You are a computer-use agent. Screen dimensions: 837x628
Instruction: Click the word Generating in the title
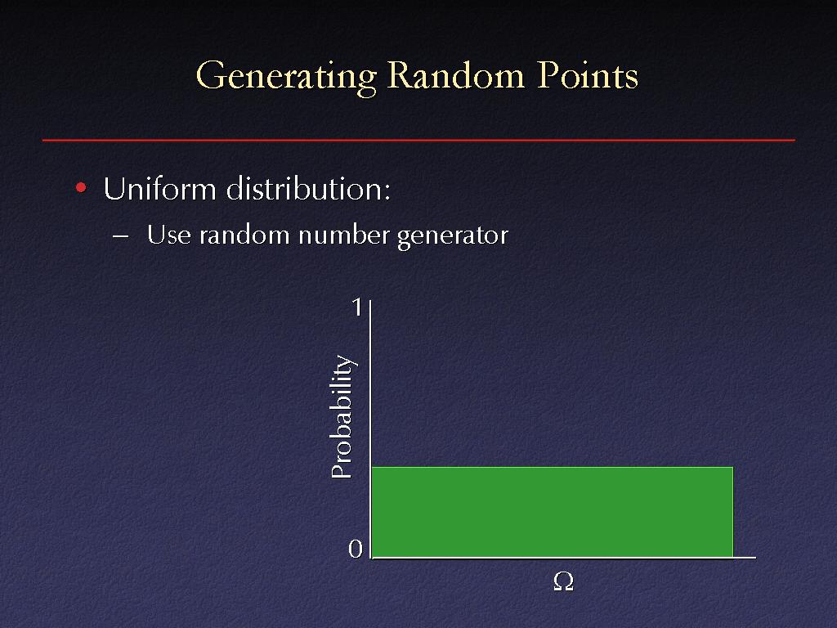[x=287, y=77]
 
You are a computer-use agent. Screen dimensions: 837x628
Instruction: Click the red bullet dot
[x=81, y=187]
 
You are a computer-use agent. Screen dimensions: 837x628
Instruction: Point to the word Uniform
[x=159, y=189]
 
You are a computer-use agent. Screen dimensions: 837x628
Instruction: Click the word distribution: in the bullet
[x=308, y=189]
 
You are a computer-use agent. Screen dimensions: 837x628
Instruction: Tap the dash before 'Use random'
[x=121, y=235]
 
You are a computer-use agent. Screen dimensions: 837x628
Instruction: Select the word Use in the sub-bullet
[x=168, y=235]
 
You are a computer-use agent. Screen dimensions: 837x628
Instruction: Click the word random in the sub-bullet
[x=244, y=235]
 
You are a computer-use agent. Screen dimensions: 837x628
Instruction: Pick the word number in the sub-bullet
[x=344, y=235]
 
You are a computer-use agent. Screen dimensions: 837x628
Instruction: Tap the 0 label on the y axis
[x=356, y=549]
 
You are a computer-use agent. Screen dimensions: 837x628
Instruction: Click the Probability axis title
[x=342, y=416]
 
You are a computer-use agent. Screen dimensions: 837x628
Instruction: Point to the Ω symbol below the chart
[x=564, y=581]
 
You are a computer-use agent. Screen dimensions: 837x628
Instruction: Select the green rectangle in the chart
[x=553, y=512]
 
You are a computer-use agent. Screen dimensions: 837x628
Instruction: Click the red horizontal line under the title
[x=418, y=141]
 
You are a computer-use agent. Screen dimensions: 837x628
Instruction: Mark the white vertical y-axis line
[x=370, y=429]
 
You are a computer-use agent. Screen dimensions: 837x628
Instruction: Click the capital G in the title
[x=210, y=74]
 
